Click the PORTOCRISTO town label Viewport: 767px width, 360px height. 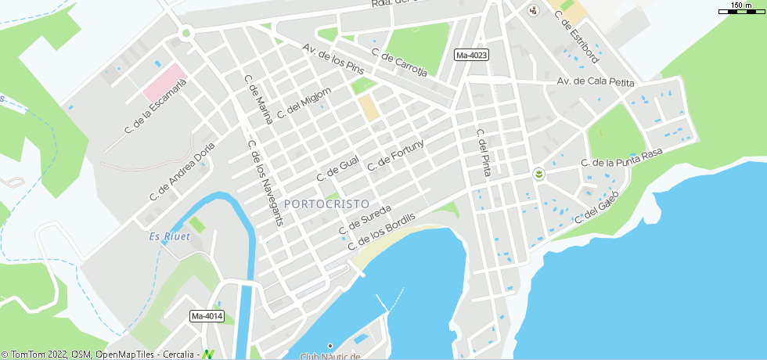pos(326,203)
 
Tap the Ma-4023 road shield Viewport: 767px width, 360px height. pos(471,55)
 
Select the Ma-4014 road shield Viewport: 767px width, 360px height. pos(207,316)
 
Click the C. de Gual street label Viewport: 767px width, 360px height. pos(337,168)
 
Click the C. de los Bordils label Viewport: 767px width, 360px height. pos(389,230)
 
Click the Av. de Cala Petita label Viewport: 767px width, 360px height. pos(595,82)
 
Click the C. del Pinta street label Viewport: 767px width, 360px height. pos(483,152)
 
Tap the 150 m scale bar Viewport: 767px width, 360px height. pos(741,8)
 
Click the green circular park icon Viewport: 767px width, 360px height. pos(539,174)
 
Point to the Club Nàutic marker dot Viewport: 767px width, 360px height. pos(330,346)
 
